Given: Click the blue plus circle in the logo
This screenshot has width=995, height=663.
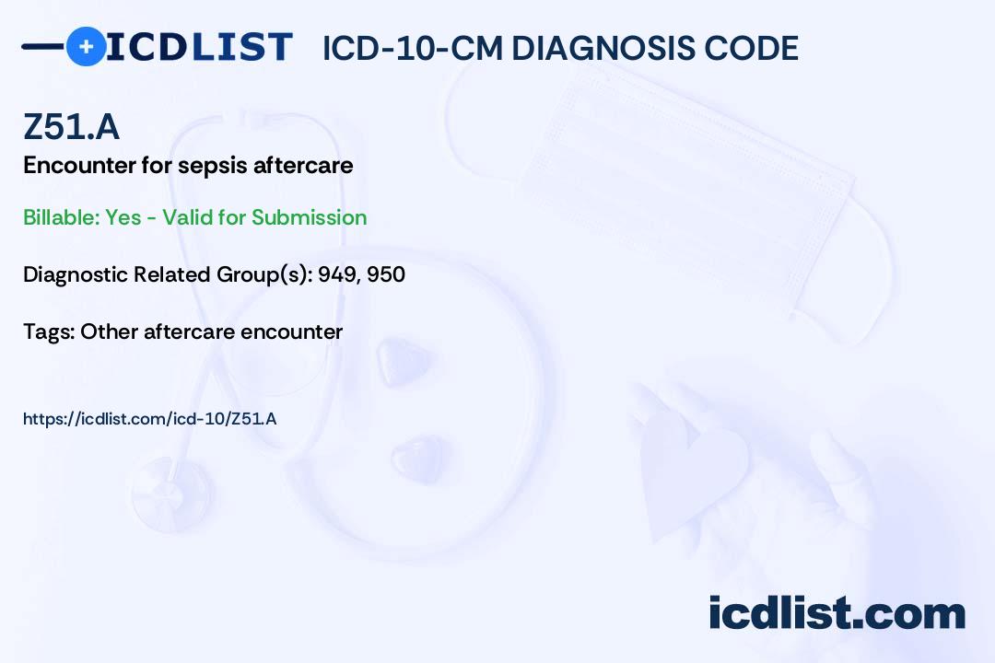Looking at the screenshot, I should tap(86, 46).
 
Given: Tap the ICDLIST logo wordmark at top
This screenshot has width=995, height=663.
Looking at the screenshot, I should tap(199, 46).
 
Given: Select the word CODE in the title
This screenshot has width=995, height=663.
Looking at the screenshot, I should tap(757, 48).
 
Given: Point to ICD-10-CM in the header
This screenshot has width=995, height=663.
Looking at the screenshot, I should tap(412, 48).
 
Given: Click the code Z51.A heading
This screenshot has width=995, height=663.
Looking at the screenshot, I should tap(71, 127).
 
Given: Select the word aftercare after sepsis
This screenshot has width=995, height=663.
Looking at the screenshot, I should tap(310, 166).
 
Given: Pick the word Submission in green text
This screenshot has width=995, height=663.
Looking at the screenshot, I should tap(310, 217).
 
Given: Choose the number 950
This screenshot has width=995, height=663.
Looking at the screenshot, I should tap(386, 274).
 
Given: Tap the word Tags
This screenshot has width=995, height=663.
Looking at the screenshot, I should tap(47, 331).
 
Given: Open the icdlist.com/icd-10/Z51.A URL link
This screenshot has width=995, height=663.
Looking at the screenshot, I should tap(150, 419).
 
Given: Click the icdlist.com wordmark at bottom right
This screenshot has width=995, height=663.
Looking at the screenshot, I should tap(837, 613).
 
